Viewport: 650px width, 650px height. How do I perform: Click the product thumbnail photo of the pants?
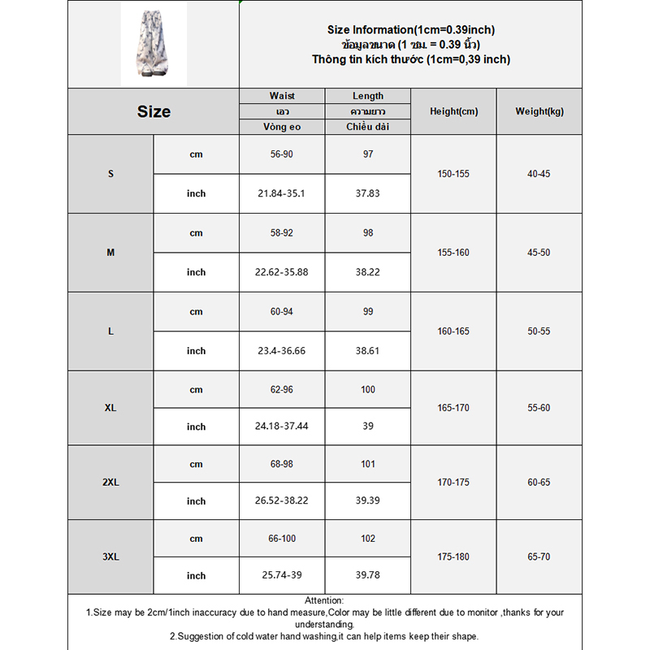pyautogui.click(x=154, y=43)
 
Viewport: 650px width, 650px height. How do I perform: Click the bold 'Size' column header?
pyautogui.click(x=154, y=111)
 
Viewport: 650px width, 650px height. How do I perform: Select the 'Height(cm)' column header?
pyautogui.click(x=453, y=111)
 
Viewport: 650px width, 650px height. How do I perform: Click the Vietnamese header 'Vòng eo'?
pyautogui.click(x=282, y=127)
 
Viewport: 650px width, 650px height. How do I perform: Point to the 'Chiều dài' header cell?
pyautogui.click(x=368, y=127)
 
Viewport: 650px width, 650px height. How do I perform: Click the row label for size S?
pyautogui.click(x=110, y=174)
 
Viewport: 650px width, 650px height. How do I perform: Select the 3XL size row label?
pyautogui.click(x=110, y=557)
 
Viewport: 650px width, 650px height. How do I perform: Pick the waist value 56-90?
pyautogui.click(x=282, y=154)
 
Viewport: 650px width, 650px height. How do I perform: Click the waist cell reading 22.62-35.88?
pyautogui.click(x=282, y=272)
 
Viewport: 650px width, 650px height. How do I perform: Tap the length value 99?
pyautogui.click(x=368, y=311)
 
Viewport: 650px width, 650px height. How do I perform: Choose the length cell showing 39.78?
pyautogui.click(x=368, y=575)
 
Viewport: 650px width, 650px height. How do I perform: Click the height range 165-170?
pyautogui.click(x=453, y=408)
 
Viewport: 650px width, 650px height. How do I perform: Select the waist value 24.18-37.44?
pyautogui.click(x=282, y=427)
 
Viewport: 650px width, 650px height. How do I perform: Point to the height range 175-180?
pyautogui.click(x=453, y=557)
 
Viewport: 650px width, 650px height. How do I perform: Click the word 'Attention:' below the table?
pyautogui.click(x=324, y=600)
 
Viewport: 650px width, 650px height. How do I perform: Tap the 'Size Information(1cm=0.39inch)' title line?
pyautogui.click(x=411, y=30)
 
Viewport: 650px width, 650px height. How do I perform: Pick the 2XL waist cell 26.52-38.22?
pyautogui.click(x=282, y=501)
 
